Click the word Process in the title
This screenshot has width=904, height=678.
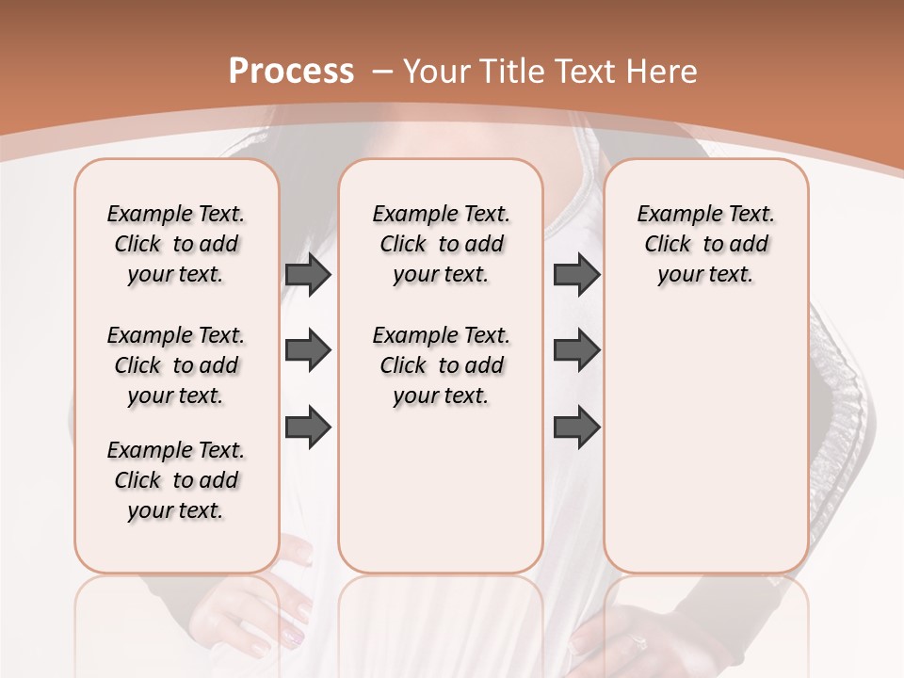pos(291,71)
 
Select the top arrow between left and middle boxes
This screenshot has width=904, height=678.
pos(308,274)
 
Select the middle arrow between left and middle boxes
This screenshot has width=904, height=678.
pos(308,350)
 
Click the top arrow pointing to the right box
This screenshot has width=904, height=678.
pos(576,274)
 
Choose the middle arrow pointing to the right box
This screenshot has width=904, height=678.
pos(576,350)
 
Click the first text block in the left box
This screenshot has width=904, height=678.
pos(176,244)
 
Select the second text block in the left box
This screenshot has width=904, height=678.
pos(176,365)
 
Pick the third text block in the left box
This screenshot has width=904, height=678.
pos(176,480)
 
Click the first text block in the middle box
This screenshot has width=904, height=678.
pos(442,244)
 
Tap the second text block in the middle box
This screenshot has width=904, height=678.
pos(442,365)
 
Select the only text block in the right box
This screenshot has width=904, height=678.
pos(706,244)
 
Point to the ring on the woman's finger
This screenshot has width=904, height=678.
pos(638,643)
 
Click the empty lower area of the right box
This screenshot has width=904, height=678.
pos(706,452)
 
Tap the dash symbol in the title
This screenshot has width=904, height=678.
pos(382,72)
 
